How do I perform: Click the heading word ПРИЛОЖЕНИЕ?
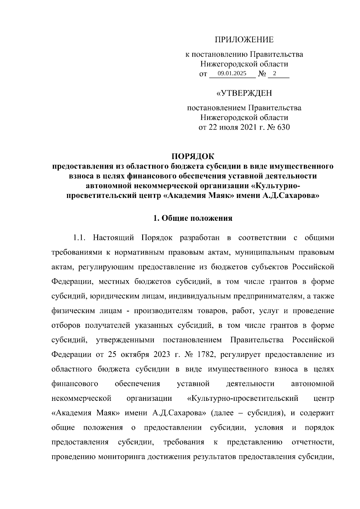click(x=244, y=40)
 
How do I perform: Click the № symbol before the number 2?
click(x=262, y=74)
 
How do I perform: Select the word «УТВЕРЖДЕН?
click(x=244, y=94)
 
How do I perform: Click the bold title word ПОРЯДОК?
click(x=193, y=156)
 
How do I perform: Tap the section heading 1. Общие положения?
click(x=193, y=218)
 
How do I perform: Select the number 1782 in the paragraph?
click(x=205, y=355)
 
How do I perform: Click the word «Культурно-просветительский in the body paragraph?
click(x=242, y=398)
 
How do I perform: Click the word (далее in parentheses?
click(x=222, y=413)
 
